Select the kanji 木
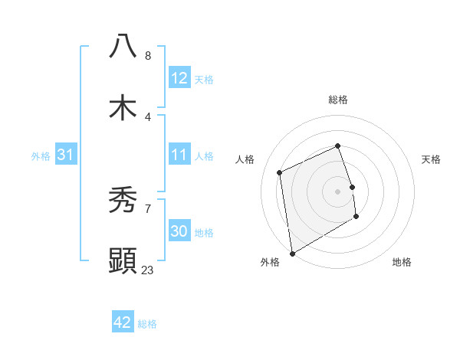[x=123, y=108]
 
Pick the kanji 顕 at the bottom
[x=123, y=261]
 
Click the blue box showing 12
[x=179, y=78]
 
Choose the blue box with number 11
[x=179, y=155]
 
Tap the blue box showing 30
[x=179, y=231]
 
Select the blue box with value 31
[x=66, y=155]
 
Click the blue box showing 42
[x=123, y=322]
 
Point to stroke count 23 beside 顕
[x=148, y=270]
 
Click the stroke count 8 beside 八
[x=148, y=55]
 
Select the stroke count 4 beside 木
[x=148, y=116]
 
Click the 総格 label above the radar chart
[x=338, y=100]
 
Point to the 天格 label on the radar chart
[x=431, y=159]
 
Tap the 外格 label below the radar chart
[x=270, y=263]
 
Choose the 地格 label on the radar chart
[x=402, y=263]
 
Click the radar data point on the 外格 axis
[x=291, y=253]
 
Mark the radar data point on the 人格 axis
[x=280, y=172]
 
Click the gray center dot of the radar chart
[x=338, y=191]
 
